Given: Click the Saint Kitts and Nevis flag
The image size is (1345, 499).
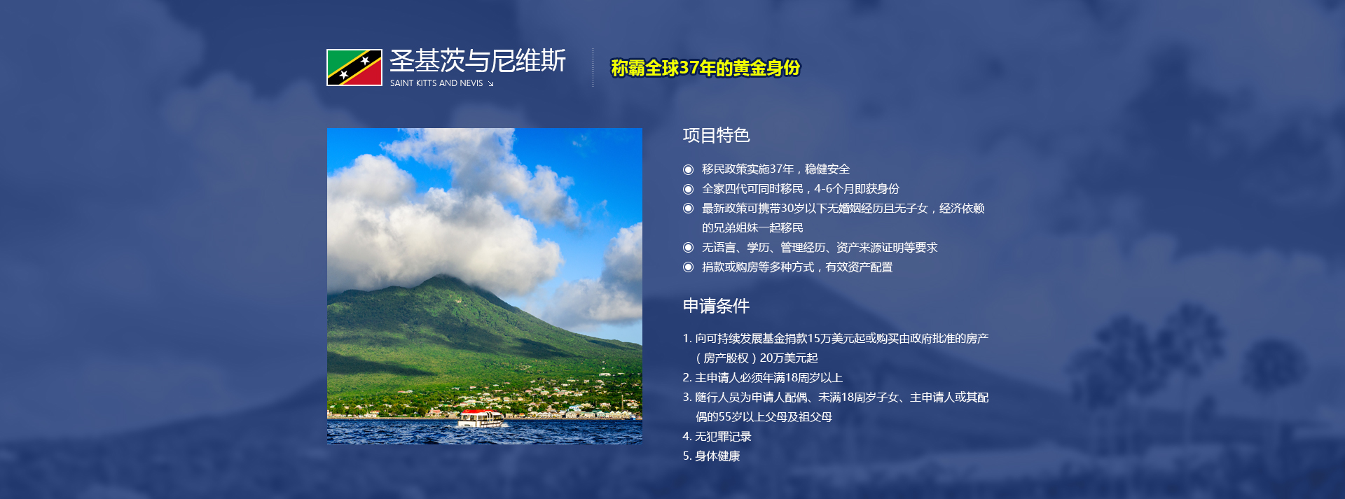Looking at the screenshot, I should pos(354,67).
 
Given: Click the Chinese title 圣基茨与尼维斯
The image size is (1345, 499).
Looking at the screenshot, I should pos(477,61).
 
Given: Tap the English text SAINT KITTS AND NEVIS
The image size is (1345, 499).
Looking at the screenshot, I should pos(436,83).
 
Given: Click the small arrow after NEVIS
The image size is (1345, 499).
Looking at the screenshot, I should pos(490,84).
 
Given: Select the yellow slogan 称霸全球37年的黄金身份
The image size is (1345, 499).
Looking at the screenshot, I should pos(705,68).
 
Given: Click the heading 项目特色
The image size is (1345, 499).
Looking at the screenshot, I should pos(716,135).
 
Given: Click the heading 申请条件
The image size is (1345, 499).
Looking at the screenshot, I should pos(716,306).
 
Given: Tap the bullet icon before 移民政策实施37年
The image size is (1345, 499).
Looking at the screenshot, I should pos(688,169).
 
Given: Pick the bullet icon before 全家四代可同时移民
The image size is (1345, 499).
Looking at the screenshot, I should pos(688,189).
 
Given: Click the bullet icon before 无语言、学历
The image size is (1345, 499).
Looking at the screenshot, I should pos(688,248).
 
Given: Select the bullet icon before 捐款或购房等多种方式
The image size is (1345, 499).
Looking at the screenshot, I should pos(688,267).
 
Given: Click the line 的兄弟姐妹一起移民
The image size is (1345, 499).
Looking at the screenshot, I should pos(752,228).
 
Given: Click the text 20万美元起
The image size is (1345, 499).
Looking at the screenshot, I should pos(789,358).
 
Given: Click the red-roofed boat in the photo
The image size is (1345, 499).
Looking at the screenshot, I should pos(481,419).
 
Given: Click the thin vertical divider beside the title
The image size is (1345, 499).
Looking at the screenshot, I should pos(593,67).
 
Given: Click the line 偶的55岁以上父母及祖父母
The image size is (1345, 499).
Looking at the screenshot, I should pos(764,417).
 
